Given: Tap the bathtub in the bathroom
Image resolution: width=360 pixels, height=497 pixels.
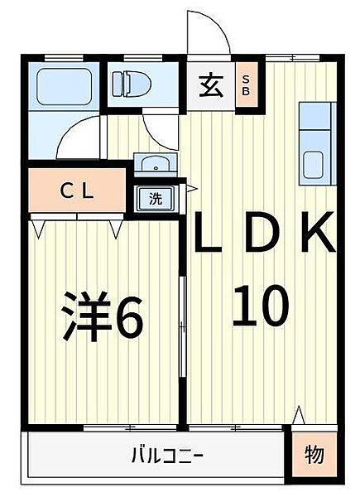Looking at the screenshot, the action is (64, 86).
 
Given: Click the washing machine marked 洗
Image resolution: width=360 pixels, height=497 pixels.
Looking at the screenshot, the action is (156, 199).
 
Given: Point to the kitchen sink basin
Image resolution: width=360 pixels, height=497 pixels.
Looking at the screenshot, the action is (313, 165).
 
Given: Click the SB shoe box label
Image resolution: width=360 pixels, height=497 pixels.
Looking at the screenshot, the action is (246, 85).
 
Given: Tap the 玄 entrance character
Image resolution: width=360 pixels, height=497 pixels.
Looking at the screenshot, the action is (211, 86).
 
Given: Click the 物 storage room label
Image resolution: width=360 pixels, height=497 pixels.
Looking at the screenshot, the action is (314, 455).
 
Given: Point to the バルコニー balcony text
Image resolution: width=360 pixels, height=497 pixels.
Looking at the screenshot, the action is (167, 455).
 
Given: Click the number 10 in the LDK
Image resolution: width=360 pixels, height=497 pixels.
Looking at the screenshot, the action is (261, 306).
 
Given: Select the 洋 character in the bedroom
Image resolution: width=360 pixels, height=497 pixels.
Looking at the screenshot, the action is (86, 316).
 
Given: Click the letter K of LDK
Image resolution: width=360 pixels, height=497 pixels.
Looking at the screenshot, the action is (318, 232).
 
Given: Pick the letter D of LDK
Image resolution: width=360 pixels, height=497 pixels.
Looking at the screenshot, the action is (262, 232).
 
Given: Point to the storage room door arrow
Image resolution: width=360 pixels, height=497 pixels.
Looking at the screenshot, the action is (299, 415).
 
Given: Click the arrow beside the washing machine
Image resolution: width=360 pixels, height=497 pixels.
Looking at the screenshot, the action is (191, 189).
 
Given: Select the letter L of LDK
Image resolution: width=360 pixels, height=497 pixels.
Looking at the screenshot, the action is (209, 232).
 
